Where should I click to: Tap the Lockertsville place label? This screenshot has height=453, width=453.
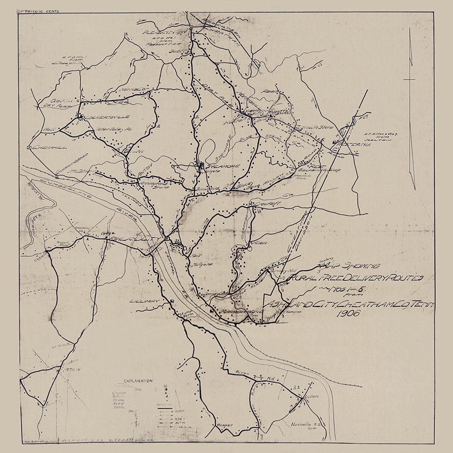tap(105, 117)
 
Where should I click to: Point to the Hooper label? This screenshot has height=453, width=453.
tap(225, 425)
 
